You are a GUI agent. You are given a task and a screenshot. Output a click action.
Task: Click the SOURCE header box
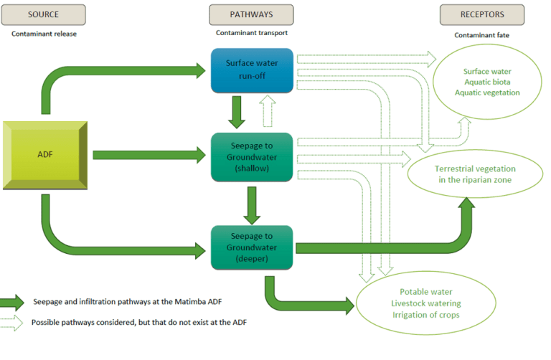(44, 14)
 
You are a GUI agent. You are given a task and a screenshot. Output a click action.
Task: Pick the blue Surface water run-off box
(251, 70)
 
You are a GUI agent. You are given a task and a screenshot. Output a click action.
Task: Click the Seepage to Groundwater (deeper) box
(251, 247)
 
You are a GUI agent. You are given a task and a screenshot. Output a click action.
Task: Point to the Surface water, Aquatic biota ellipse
(491, 82)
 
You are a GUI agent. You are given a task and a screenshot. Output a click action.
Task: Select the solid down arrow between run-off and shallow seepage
(237, 112)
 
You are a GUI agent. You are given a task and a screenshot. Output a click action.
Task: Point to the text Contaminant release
(44, 33)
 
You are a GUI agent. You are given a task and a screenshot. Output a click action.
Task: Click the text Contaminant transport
(251, 33)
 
